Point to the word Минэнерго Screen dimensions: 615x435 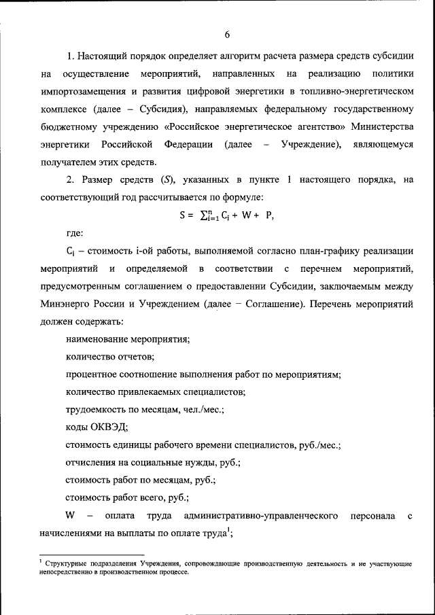(x=65, y=304)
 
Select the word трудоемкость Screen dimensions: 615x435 (x=98, y=410)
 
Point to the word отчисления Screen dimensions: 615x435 (x=94, y=463)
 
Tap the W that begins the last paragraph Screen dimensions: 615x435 (x=69, y=516)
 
